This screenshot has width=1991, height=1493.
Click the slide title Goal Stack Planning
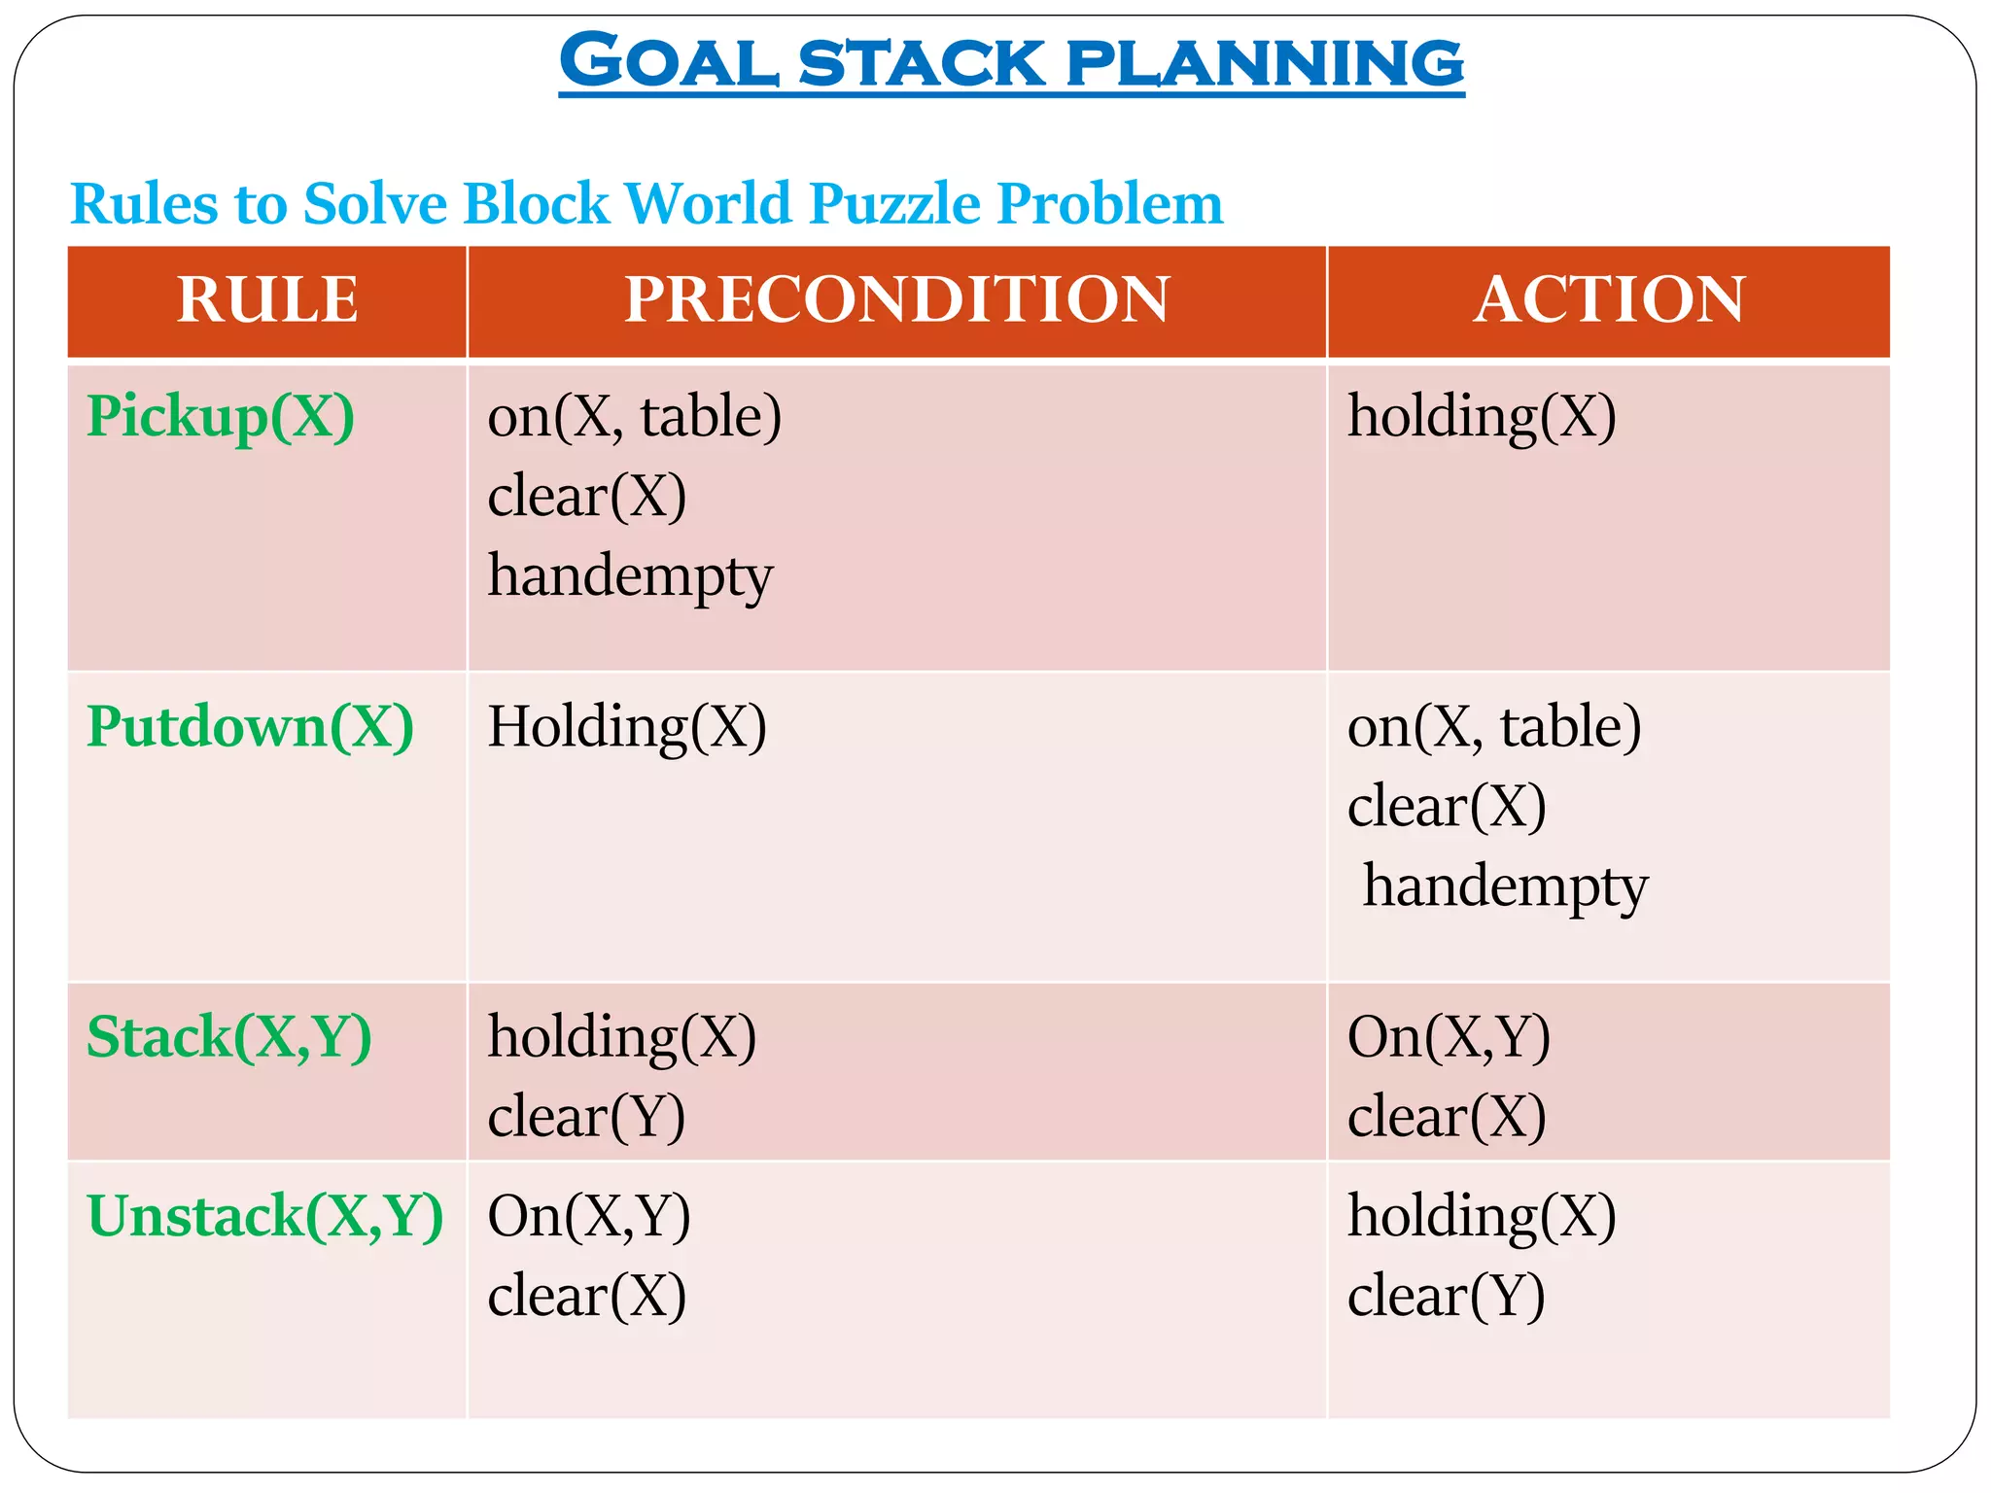(1011, 62)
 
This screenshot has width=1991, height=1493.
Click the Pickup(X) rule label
(221, 416)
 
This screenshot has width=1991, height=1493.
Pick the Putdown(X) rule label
(250, 726)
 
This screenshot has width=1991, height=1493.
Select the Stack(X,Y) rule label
(229, 1036)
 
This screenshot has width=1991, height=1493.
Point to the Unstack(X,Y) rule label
(264, 1216)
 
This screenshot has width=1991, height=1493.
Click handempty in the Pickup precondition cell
(630, 576)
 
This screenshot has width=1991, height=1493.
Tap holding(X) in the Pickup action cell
(1482, 416)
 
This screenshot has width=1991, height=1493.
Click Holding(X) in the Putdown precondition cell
(627, 727)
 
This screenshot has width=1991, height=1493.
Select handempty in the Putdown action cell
(1505, 886)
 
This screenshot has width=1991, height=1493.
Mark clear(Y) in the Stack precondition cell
(586, 1117)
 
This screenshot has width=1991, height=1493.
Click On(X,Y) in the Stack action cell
(1449, 1037)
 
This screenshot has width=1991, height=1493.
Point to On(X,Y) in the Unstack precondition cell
(589, 1216)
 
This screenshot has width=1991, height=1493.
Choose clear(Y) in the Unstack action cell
(1446, 1297)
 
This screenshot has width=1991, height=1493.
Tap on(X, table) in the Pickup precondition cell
(635, 416)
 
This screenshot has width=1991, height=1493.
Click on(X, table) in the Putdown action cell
(1494, 727)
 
